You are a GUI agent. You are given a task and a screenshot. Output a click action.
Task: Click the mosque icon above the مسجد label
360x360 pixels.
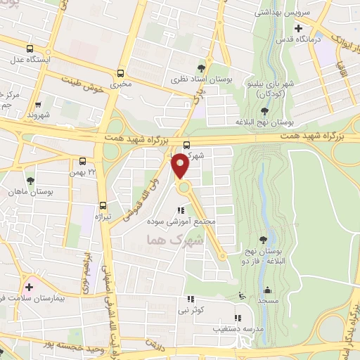tap(267, 289)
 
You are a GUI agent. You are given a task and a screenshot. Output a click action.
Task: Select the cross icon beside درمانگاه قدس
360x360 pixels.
tap(299, 29)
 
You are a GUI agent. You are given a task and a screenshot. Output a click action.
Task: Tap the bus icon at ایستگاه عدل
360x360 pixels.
tap(30, 49)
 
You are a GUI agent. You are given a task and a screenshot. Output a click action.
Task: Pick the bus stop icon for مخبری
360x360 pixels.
tap(121, 72)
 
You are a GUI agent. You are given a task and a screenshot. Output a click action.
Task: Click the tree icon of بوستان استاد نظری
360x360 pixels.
tap(202, 67)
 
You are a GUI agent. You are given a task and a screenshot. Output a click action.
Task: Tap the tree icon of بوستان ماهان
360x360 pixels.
tap(30, 181)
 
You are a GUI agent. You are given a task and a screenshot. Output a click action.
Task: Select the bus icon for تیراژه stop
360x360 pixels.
tap(103, 206)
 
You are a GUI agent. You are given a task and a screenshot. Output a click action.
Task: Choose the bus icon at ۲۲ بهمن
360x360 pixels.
tap(83, 161)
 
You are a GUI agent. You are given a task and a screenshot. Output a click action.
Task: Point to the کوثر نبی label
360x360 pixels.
tap(191, 309)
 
